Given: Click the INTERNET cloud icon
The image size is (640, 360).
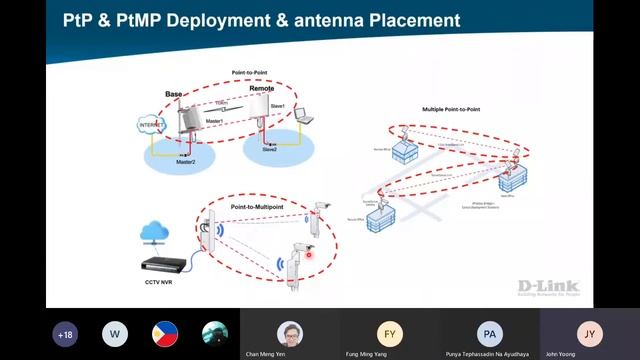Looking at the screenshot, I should tap(149, 125).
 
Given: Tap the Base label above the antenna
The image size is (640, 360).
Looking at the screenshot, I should tap(173, 94).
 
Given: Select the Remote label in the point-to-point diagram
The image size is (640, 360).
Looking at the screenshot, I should tap(261, 88).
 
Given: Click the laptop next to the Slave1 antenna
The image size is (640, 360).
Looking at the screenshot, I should tap(303, 117).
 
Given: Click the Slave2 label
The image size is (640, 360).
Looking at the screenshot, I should tap(270, 149).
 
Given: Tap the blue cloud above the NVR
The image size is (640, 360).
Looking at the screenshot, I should tap(155, 232).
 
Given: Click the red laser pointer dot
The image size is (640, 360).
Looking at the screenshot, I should tap(309, 256).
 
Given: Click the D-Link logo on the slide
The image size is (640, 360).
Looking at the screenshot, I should tap(548, 286).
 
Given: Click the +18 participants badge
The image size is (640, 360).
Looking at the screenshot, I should tap(65, 334).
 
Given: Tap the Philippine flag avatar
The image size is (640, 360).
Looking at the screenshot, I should tap(165, 334).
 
